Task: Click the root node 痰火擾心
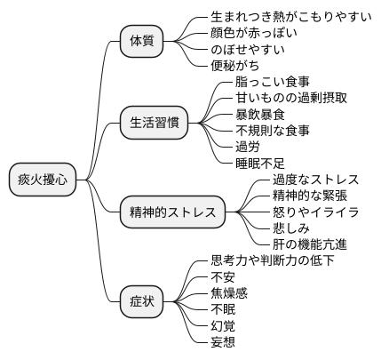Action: point(42,180)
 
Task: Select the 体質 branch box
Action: point(142,41)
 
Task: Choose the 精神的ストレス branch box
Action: point(172,212)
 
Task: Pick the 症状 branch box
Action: point(142,302)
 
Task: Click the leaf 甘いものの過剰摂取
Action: point(278,98)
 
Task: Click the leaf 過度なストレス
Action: point(314,180)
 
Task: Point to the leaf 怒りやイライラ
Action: point(314,212)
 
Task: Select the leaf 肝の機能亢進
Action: point(308,244)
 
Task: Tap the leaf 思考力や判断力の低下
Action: point(273,261)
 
